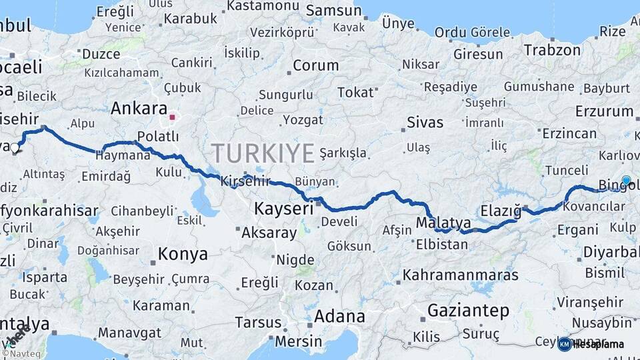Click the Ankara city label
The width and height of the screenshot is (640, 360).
pos(139,108)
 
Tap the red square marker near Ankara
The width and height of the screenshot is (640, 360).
pos(173,117)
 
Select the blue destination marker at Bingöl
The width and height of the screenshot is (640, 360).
pos(626,180)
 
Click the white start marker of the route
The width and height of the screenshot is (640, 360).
pos(15,148)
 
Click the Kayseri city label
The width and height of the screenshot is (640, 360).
pos(283,209)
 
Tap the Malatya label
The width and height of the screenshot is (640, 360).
pos(443,222)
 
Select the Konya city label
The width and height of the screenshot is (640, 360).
pos(182,254)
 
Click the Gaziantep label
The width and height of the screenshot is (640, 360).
pos(468,310)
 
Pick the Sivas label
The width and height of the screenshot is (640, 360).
pos(425,123)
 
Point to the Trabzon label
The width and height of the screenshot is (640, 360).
pos(552,50)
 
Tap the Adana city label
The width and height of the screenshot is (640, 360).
pos(339,316)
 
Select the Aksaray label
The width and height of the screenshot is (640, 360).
pos(269,233)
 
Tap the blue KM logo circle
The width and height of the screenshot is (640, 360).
pos(565,344)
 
